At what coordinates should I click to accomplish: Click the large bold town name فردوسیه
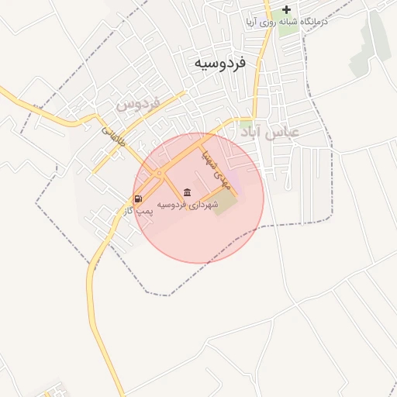(x=219, y=62)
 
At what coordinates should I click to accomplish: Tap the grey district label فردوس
(x=137, y=102)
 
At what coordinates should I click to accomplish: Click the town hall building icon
(x=188, y=192)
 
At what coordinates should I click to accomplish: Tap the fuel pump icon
(x=138, y=198)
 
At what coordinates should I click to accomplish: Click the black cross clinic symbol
(x=286, y=10)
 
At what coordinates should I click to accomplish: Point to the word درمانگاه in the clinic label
(x=312, y=22)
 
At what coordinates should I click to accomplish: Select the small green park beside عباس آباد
(x=245, y=124)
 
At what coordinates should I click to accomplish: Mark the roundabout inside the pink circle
(x=158, y=172)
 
